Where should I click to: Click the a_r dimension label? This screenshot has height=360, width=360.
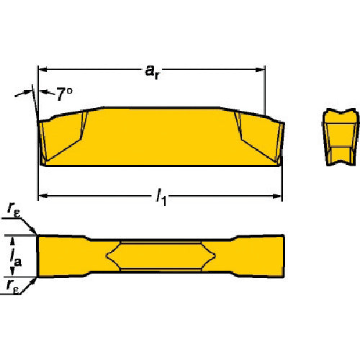(153, 72)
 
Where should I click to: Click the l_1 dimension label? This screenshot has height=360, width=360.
(161, 197)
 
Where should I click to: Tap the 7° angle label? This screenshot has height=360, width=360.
(64, 94)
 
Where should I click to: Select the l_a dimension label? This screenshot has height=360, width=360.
(16, 258)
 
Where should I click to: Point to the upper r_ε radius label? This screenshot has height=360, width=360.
(14, 209)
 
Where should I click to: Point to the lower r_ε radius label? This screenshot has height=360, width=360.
(12, 286)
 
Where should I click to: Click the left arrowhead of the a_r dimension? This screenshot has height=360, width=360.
(42, 70)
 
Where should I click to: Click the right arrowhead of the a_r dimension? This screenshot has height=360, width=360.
(260, 70)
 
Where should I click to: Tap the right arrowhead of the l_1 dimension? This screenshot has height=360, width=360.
(277, 196)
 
